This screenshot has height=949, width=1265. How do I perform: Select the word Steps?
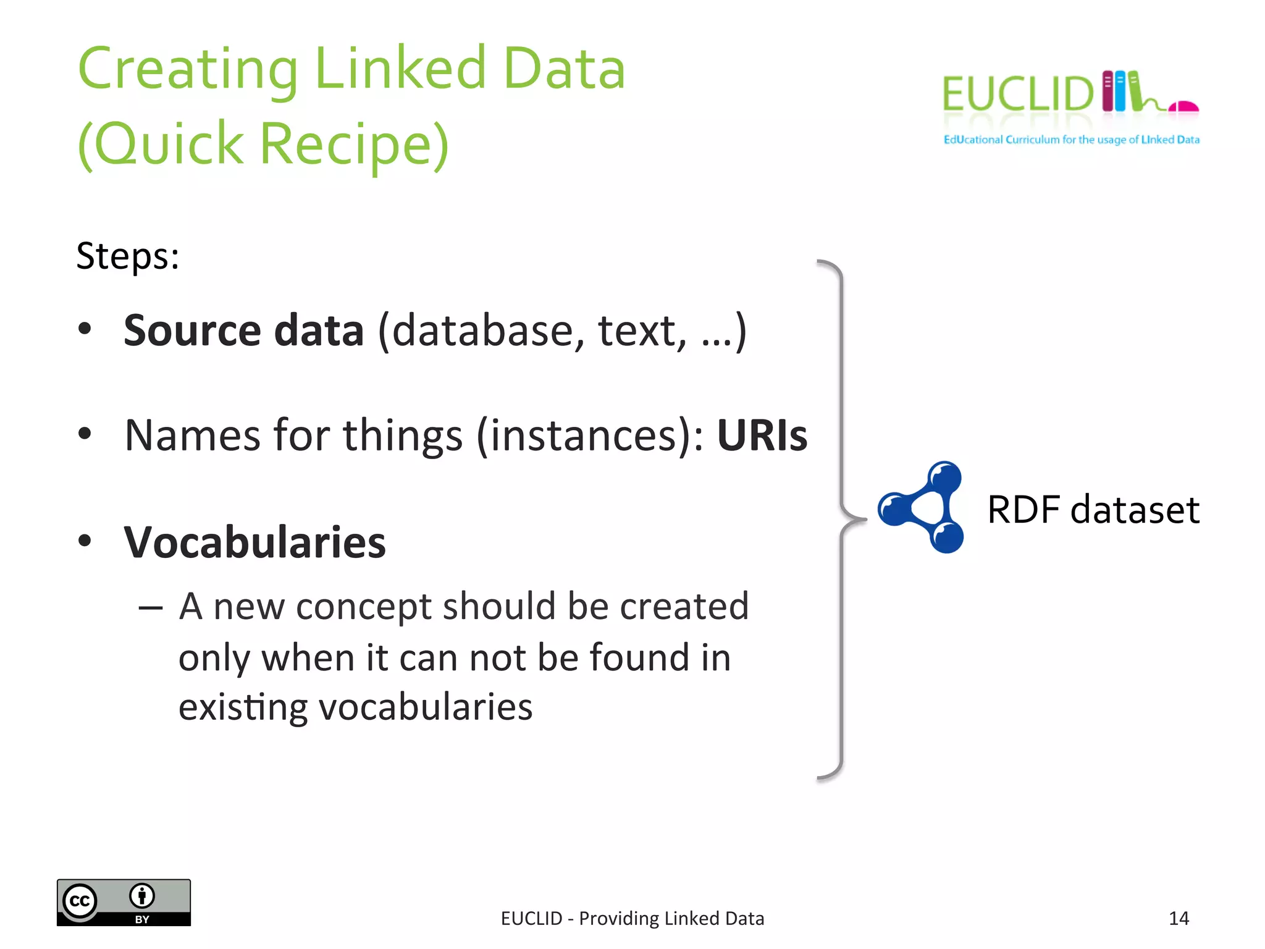(127, 256)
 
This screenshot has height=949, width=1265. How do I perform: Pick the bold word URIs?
(762, 436)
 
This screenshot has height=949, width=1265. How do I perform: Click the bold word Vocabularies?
(254, 542)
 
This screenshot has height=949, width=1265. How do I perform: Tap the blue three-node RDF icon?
(923, 507)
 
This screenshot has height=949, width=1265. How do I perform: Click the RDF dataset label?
(1093, 510)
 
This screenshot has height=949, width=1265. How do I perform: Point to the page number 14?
(1179, 918)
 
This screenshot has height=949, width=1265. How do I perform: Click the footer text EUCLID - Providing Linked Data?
(632, 919)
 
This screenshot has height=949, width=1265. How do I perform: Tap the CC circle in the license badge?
(80, 901)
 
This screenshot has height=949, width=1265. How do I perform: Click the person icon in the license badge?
(142, 895)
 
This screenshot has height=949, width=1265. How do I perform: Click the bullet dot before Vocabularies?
(85, 541)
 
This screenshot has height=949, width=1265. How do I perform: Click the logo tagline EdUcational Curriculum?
(1001, 140)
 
